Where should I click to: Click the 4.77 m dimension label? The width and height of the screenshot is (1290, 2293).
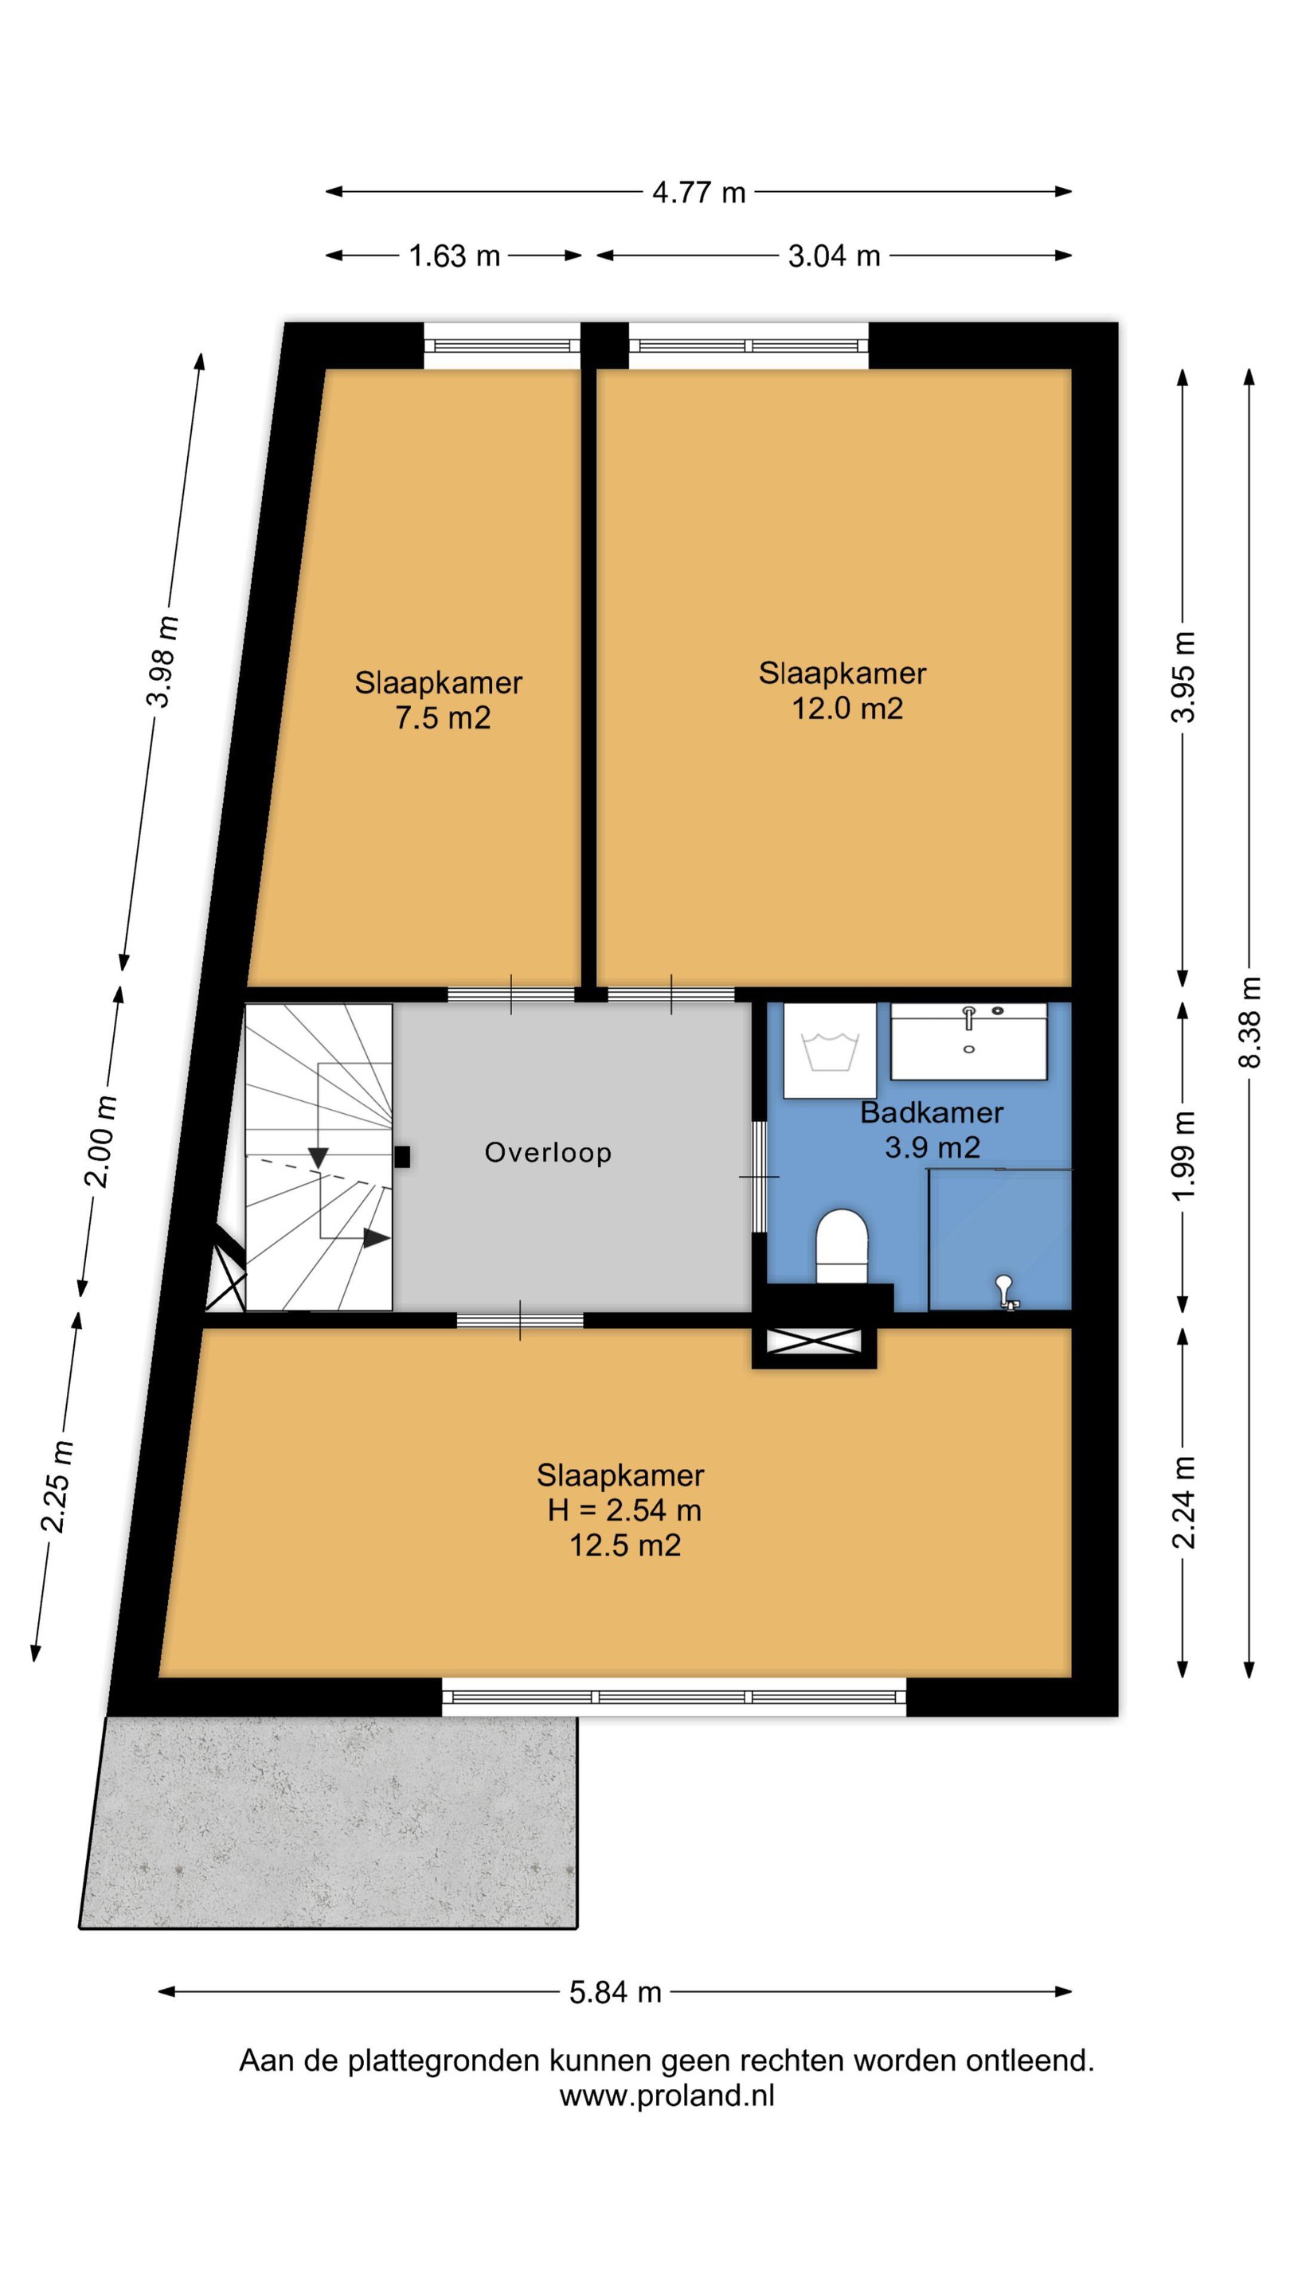(698, 192)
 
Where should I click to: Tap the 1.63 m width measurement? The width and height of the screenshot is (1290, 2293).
(454, 256)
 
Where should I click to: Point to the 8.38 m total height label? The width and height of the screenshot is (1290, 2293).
(1250, 1021)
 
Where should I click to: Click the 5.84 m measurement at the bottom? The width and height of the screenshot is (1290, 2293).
(616, 1991)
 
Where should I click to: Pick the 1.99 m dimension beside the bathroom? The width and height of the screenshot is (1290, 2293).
(1182, 1155)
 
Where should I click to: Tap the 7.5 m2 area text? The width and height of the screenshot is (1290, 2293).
(443, 717)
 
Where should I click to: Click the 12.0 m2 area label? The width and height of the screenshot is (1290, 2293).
(847, 709)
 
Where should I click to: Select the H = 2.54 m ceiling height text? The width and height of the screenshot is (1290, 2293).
(624, 1510)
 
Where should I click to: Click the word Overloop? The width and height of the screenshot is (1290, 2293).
(548, 1153)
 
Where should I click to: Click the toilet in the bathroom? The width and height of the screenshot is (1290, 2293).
(842, 1245)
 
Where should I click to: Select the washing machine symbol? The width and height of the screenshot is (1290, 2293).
(830, 1050)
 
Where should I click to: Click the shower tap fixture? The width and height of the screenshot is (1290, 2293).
(1006, 1291)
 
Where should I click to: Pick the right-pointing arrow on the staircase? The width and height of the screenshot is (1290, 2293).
(376, 1237)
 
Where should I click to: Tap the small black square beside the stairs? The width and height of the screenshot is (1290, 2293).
(402, 1156)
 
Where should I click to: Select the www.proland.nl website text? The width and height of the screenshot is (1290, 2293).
(666, 2096)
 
